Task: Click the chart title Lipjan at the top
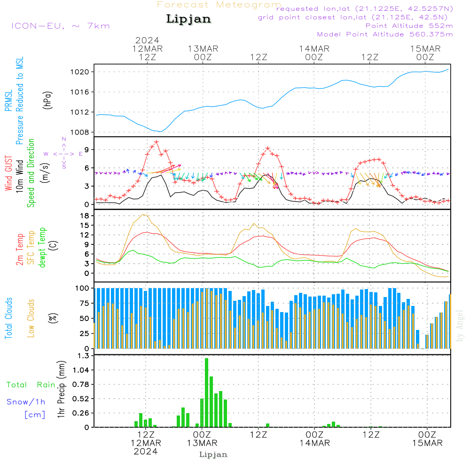tap(188, 19)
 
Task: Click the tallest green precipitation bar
tap(207, 392)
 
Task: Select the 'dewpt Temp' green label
tap(43, 248)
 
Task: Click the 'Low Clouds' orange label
tap(31, 318)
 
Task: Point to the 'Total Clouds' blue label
tap(8, 318)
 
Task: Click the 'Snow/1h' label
tap(26, 402)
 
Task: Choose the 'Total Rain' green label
tap(31, 385)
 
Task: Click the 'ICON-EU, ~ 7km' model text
tap(60, 26)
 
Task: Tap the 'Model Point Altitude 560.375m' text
tap(385, 34)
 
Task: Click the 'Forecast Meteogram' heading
tap(219, 5)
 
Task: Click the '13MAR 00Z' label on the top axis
tap(203, 53)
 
